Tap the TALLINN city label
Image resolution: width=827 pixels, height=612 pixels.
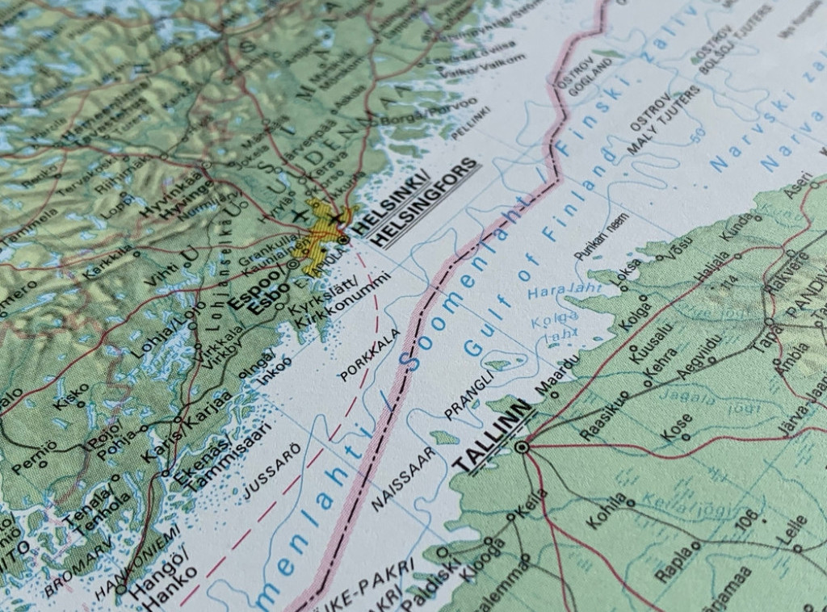click(x=493, y=441)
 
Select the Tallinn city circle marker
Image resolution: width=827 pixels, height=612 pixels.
click(x=523, y=446)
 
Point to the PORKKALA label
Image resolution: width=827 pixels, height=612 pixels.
click(x=370, y=356)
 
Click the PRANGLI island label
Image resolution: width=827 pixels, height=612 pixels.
click(x=468, y=400)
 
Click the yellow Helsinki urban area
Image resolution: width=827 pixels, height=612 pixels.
click(x=319, y=234)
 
